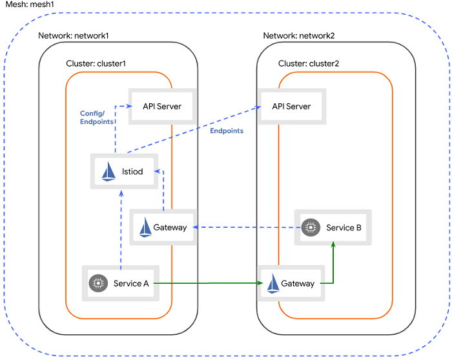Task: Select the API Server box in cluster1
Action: click(161, 106)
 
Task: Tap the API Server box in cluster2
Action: click(291, 106)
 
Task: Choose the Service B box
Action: click(333, 227)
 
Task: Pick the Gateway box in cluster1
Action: click(163, 227)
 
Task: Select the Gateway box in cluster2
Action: click(292, 283)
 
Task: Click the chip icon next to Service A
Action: click(98, 283)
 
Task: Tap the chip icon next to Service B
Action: click(311, 227)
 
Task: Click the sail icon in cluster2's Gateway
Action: click(272, 283)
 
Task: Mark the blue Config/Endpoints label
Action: click(97, 117)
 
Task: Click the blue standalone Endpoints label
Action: click(227, 131)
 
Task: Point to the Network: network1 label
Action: click(74, 35)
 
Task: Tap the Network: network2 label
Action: click(298, 35)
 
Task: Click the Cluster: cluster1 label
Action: click(96, 64)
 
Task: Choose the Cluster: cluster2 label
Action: click(308, 64)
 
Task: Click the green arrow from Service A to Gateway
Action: click(207, 283)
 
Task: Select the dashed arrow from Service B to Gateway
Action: click(245, 227)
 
